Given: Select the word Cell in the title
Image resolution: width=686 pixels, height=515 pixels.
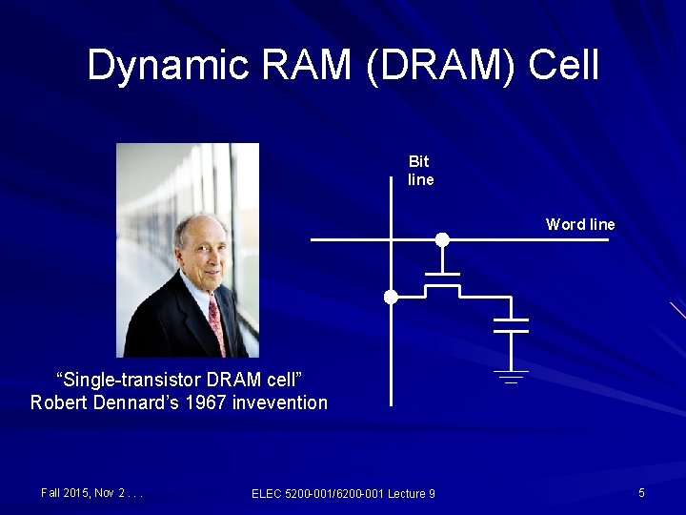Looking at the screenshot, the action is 563,66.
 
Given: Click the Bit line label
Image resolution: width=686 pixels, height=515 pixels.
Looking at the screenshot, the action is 420,171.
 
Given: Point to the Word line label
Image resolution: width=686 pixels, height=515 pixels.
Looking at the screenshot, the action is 580,225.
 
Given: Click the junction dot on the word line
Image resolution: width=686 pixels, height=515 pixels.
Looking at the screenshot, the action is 442,239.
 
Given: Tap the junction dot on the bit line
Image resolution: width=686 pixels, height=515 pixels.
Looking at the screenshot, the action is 391,298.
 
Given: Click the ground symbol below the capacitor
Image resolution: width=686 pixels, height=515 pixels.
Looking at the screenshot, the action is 513,376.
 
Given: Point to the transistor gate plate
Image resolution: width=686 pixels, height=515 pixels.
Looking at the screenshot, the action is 442,275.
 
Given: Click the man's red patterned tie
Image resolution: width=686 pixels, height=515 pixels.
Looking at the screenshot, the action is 217,324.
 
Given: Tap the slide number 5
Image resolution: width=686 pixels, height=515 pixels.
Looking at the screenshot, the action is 642,492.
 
